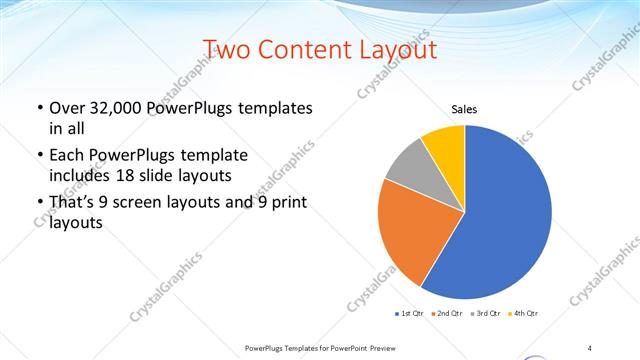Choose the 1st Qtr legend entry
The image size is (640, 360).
410,314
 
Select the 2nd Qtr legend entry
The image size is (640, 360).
447,314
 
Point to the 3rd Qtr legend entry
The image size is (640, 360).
485,314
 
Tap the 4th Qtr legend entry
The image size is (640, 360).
522,314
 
